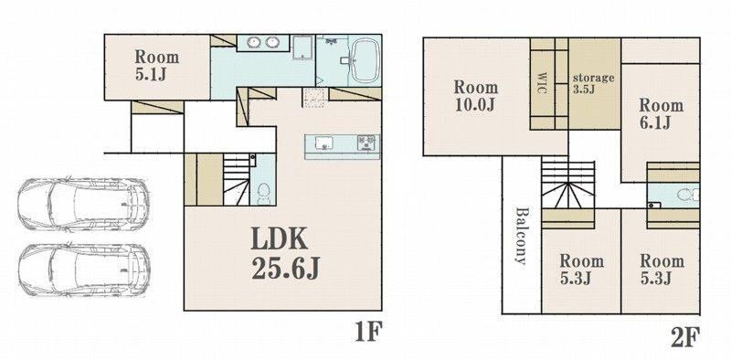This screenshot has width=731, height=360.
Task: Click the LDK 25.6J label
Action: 285,255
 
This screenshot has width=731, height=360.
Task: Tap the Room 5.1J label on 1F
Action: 157,65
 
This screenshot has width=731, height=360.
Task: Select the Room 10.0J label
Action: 476,96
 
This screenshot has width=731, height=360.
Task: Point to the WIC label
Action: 542,82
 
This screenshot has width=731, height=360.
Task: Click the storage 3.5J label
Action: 593,83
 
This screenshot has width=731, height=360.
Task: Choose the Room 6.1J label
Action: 661,113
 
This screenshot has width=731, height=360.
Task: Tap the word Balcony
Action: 521,236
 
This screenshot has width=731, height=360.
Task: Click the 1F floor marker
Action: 368,333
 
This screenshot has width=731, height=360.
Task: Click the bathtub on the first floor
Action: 364,60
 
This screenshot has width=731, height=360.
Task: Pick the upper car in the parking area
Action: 84,204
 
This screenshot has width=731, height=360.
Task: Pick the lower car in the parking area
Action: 84,270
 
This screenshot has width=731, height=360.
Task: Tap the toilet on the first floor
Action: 263,194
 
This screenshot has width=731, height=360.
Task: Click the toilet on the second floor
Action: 689,195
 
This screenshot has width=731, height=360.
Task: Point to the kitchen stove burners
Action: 366,143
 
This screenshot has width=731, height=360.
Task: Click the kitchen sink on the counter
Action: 324,143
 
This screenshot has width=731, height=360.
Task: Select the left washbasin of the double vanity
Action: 253,42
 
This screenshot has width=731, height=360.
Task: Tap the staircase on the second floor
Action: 567,185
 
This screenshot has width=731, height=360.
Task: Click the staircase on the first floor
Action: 237,179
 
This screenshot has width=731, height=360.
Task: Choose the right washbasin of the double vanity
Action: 271,42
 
